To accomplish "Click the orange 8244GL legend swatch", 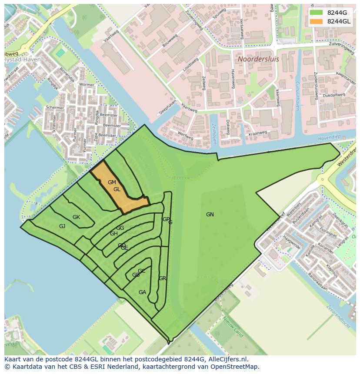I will [x=316, y=21].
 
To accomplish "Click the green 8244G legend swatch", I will [x=316, y=13].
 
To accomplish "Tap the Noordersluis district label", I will [x=258, y=59].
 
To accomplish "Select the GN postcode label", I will [x=210, y=215].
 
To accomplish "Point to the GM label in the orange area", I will [x=112, y=182].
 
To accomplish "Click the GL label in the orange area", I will [x=117, y=189].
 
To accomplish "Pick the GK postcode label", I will [x=76, y=217].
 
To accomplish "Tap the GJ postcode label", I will [x=62, y=226].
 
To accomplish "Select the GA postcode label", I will [x=142, y=292].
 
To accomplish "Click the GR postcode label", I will [x=163, y=278].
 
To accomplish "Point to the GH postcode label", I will [x=113, y=234].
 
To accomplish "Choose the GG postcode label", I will [x=120, y=228].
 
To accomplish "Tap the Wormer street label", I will [x=87, y=85].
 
